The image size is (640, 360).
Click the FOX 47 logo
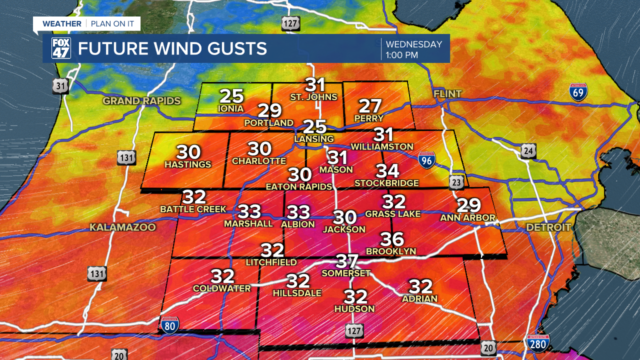click(x=61, y=48)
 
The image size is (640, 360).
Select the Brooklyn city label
click(x=391, y=251)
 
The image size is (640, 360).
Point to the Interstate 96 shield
click(x=426, y=159)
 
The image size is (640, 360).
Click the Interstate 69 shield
click(x=578, y=92)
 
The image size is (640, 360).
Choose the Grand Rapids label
click(x=141, y=101)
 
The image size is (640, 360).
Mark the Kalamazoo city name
click(x=122, y=227)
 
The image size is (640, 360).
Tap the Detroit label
click(x=548, y=227)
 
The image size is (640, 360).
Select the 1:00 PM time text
click(x=401, y=55)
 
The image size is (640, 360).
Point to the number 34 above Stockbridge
click(x=387, y=171)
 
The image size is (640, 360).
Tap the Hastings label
click(x=188, y=164)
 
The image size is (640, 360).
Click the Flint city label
click(x=447, y=93)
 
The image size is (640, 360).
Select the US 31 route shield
click(x=60, y=85)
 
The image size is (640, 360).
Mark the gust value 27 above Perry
click(x=370, y=106)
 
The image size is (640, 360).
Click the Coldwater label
click(x=222, y=288)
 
